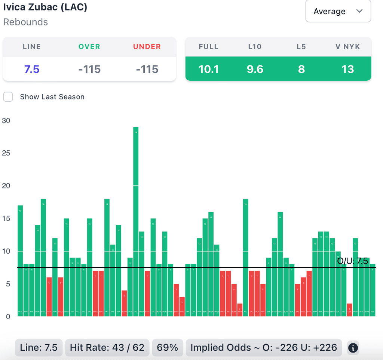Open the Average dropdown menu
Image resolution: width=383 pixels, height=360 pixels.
338,11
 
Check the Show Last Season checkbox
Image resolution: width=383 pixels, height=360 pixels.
8,97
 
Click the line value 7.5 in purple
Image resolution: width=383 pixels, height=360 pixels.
32,69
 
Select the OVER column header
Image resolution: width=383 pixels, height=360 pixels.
89,47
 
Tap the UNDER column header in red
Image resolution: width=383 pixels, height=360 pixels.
147,47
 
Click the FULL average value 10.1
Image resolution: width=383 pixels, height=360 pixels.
209,69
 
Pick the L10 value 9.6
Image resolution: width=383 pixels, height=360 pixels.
255,69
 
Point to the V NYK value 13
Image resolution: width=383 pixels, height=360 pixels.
348,69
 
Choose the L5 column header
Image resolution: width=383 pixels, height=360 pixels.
301,47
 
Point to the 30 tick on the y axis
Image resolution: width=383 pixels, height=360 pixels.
6,120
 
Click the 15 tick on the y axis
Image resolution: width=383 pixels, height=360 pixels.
6,218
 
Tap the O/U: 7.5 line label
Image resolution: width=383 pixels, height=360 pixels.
352,261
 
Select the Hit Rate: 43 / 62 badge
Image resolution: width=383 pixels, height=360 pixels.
107,348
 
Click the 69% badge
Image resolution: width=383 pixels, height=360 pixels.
168,348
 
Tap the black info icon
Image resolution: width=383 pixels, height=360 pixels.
353,348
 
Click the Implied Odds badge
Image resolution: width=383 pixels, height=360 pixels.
264,348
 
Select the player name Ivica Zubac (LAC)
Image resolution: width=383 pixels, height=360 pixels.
45,7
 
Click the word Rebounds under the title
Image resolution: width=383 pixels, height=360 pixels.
25,22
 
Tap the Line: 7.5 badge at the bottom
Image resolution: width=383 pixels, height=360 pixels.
39,348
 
